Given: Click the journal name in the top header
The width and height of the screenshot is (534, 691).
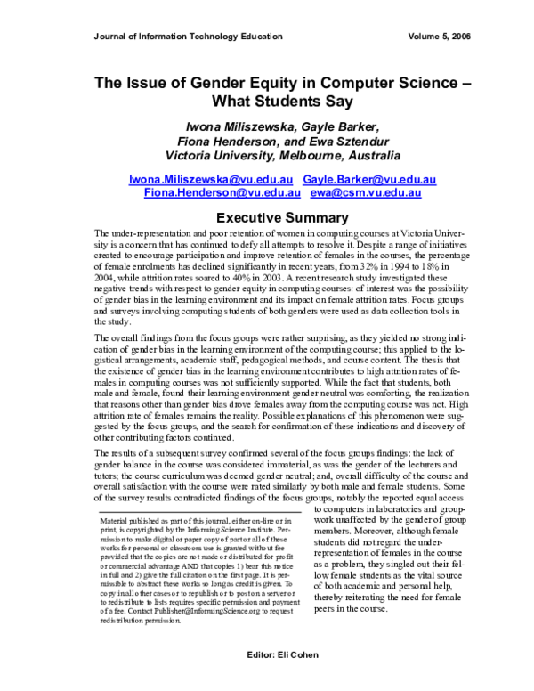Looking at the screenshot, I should [x=188, y=37].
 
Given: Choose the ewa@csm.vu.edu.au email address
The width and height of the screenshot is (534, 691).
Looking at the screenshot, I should [x=365, y=192].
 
